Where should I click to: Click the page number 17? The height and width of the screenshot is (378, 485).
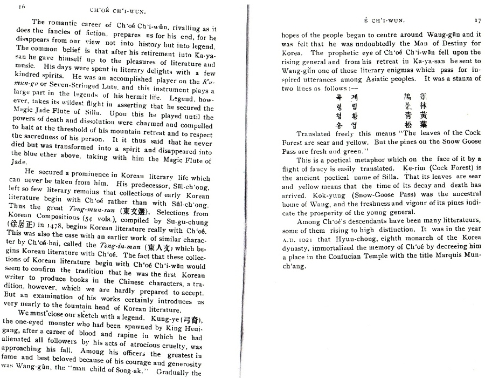point(477,21)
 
